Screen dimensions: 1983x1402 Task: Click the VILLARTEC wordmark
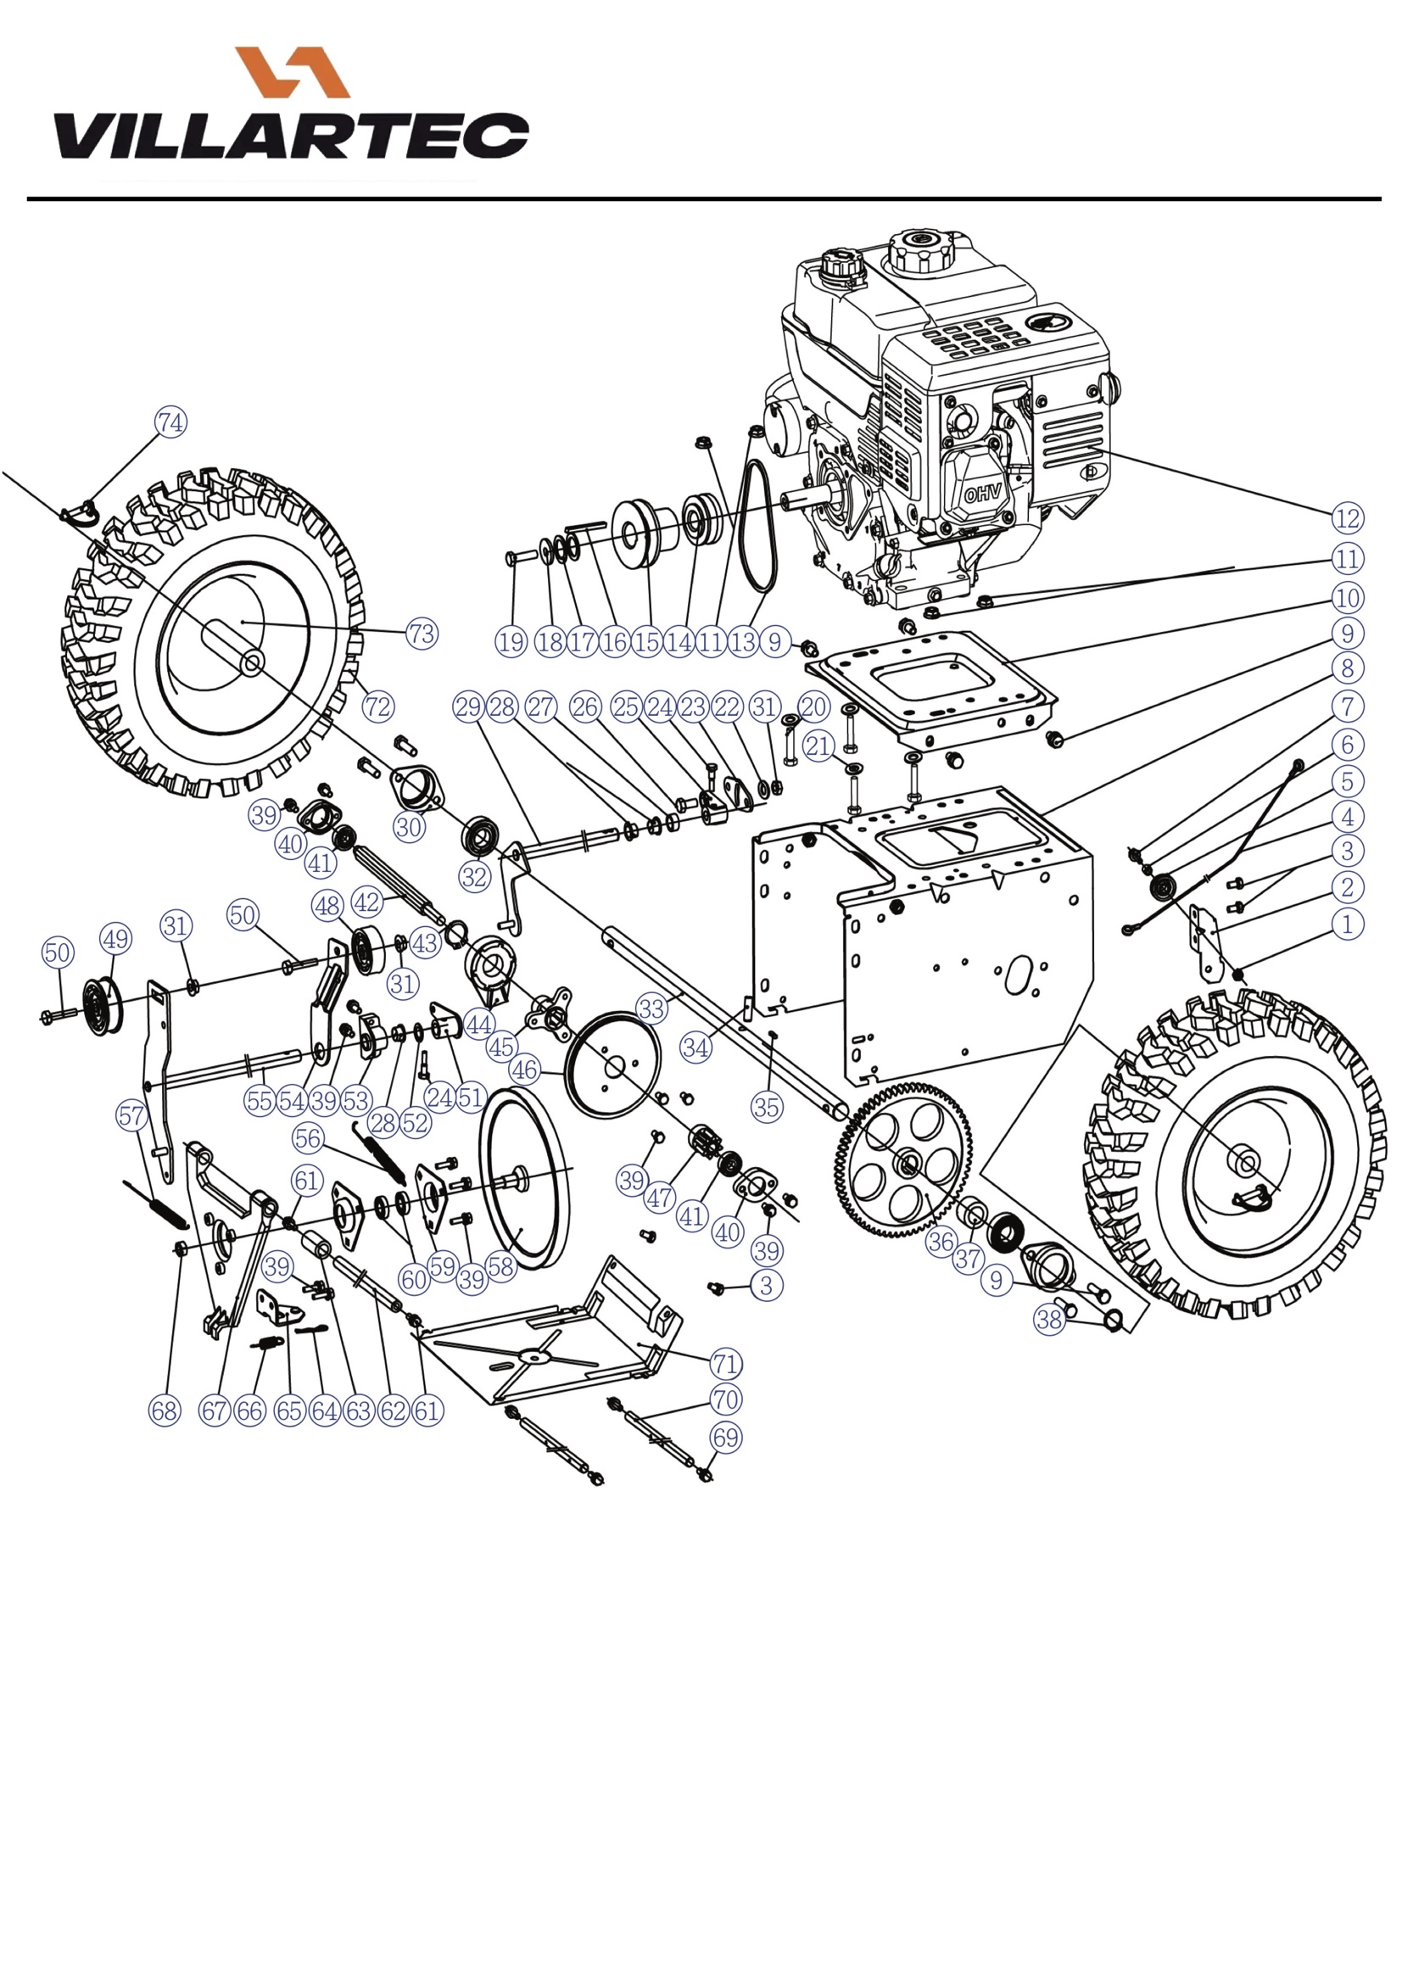pos(291,136)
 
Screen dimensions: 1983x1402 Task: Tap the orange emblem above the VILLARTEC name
pos(292,72)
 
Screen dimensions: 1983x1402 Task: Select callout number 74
pos(170,422)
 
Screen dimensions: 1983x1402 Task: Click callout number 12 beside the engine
pos(1347,518)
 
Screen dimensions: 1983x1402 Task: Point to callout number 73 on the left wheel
pos(422,634)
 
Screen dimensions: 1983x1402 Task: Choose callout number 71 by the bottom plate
pos(726,1364)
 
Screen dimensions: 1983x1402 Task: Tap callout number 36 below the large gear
pos(940,1242)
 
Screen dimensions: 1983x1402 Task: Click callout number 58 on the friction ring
pos(501,1267)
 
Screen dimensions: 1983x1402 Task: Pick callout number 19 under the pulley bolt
pos(511,642)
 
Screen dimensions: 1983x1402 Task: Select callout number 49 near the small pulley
pos(115,939)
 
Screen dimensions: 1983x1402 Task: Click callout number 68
pos(165,1410)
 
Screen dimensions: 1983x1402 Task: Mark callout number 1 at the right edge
pos(1347,924)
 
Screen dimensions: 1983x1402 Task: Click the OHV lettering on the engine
pos(982,494)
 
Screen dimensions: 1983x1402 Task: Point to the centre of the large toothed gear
pos(907,1166)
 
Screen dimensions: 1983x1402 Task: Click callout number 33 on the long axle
pos(651,1008)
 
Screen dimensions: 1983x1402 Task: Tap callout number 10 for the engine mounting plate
pos(1347,598)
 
